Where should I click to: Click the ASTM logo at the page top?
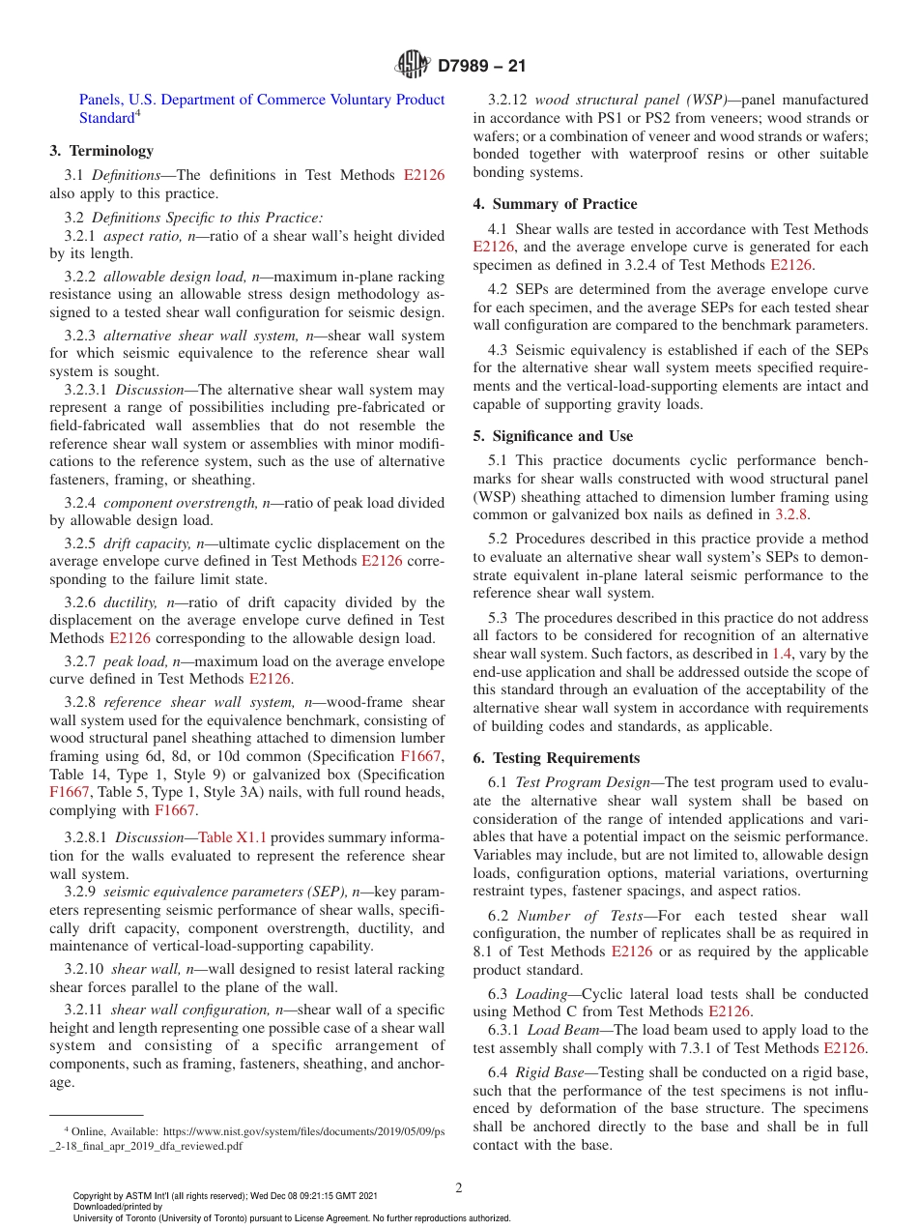click(413, 66)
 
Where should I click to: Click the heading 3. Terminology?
click(101, 151)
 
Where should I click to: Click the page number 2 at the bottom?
click(459, 1187)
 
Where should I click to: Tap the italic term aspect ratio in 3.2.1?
click(135, 236)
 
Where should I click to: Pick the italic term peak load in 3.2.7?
click(133, 661)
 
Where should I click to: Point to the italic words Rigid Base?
click(546, 1072)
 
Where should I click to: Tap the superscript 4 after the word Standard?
click(138, 114)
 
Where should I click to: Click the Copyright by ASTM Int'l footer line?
click(224, 1196)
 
